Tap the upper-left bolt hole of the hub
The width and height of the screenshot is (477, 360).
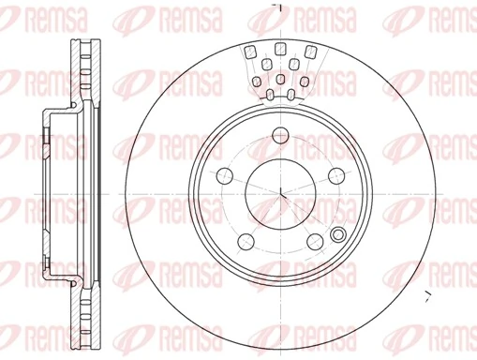223,175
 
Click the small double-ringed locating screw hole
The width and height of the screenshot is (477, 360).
338,235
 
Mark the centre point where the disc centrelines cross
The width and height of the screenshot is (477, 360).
281,194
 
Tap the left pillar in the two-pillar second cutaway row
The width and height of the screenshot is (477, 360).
267,64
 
